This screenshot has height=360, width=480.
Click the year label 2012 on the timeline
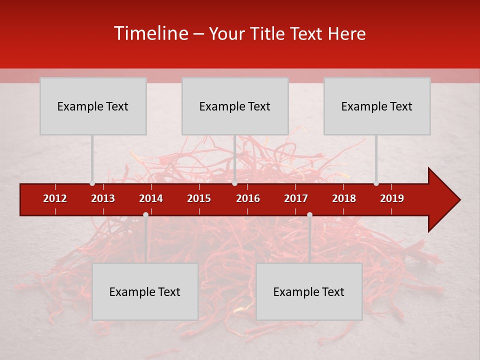pos(55,198)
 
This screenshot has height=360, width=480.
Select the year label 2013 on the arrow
pos(103,198)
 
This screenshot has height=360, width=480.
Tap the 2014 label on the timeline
pos(151,198)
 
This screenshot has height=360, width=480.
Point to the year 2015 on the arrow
pos(199,198)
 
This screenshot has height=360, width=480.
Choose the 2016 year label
pos(248,198)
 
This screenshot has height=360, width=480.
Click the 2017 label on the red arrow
pos(296,198)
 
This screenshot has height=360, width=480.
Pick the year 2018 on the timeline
pos(344,198)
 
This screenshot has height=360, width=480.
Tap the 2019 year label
pos(392,198)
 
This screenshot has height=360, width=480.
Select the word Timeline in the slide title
pos(150,33)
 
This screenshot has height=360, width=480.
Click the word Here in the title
pos(346,34)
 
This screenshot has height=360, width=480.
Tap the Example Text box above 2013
pos(93,106)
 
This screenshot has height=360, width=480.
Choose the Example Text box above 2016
pos(235,106)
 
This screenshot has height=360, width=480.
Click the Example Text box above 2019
pos(377,106)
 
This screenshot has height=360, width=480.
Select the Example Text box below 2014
pos(145,291)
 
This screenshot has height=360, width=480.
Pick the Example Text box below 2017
pos(309,291)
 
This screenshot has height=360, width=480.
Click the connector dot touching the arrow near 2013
pos(92,183)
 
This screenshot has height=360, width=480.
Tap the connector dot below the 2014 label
pos(145,214)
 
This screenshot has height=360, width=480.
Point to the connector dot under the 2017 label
pos(309,214)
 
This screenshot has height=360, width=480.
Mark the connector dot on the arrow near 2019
pos(376,183)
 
